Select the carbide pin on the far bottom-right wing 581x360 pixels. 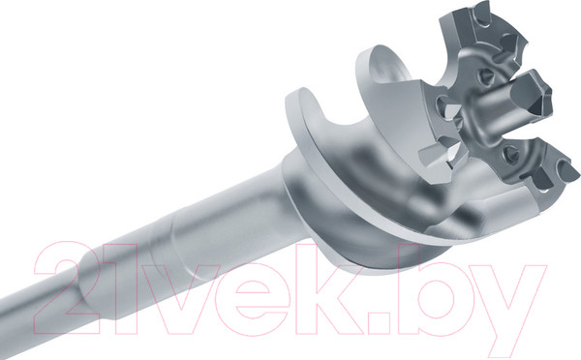pyautogui.click(x=566, y=171)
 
